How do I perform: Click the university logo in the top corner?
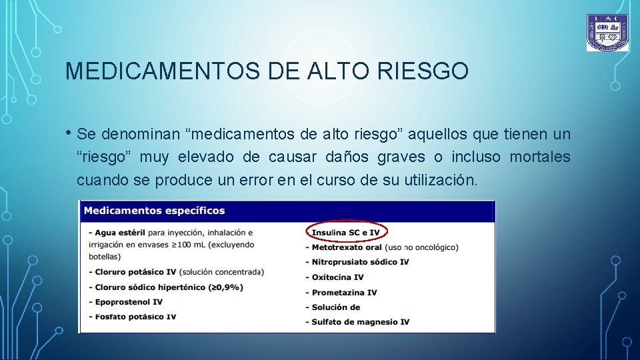tap(607, 33)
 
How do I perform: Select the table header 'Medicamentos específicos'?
tap(154, 211)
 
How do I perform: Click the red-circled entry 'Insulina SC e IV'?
tap(345, 232)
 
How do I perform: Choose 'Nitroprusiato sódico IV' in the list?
tap(360, 262)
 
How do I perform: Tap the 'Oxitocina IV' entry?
tap(337, 277)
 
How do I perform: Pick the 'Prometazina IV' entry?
tap(344, 292)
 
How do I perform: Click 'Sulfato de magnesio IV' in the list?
tap(360, 322)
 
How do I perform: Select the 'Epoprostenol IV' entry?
tap(129, 302)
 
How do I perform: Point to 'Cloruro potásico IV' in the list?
tap(136, 272)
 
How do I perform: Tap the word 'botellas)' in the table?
tap(104, 257)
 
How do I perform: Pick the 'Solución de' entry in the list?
tap(336, 307)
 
